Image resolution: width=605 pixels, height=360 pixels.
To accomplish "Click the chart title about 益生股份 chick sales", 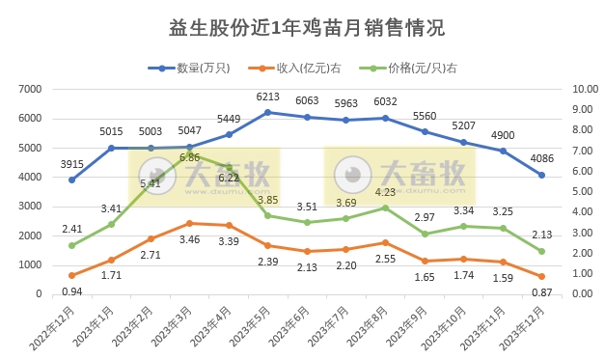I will (302, 28).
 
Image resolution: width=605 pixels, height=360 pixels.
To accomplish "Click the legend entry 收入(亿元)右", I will (308, 68).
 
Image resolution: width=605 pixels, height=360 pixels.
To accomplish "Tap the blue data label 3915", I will (69, 164).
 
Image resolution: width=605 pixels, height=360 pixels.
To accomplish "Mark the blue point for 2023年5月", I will (267, 112).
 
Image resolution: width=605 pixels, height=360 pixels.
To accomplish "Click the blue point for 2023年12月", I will (541, 175).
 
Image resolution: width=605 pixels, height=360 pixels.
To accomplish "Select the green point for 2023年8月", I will (385, 208).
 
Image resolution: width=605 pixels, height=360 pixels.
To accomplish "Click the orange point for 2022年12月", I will (71, 275).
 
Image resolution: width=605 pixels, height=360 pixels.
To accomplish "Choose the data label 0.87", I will (541, 292).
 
